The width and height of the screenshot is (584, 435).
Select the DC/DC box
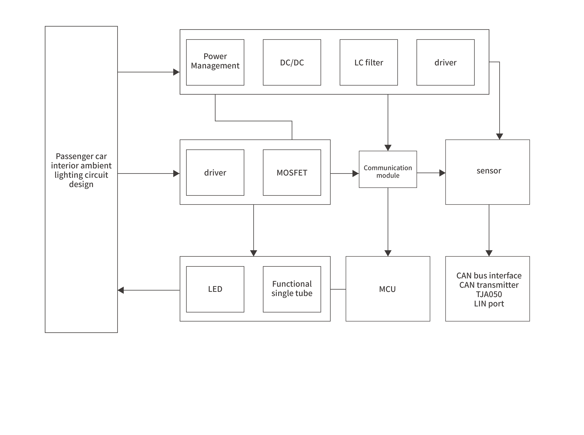pos(292,62)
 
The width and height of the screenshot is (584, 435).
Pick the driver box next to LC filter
pos(445,62)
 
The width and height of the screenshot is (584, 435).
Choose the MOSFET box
pos(292,172)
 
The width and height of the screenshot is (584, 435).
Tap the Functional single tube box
pos(292,289)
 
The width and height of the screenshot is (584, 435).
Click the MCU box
pos(388,289)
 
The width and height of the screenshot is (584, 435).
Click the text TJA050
pos(489,294)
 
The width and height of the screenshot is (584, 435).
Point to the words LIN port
pos(489,304)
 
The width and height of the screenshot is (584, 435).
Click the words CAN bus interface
pos(489,275)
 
